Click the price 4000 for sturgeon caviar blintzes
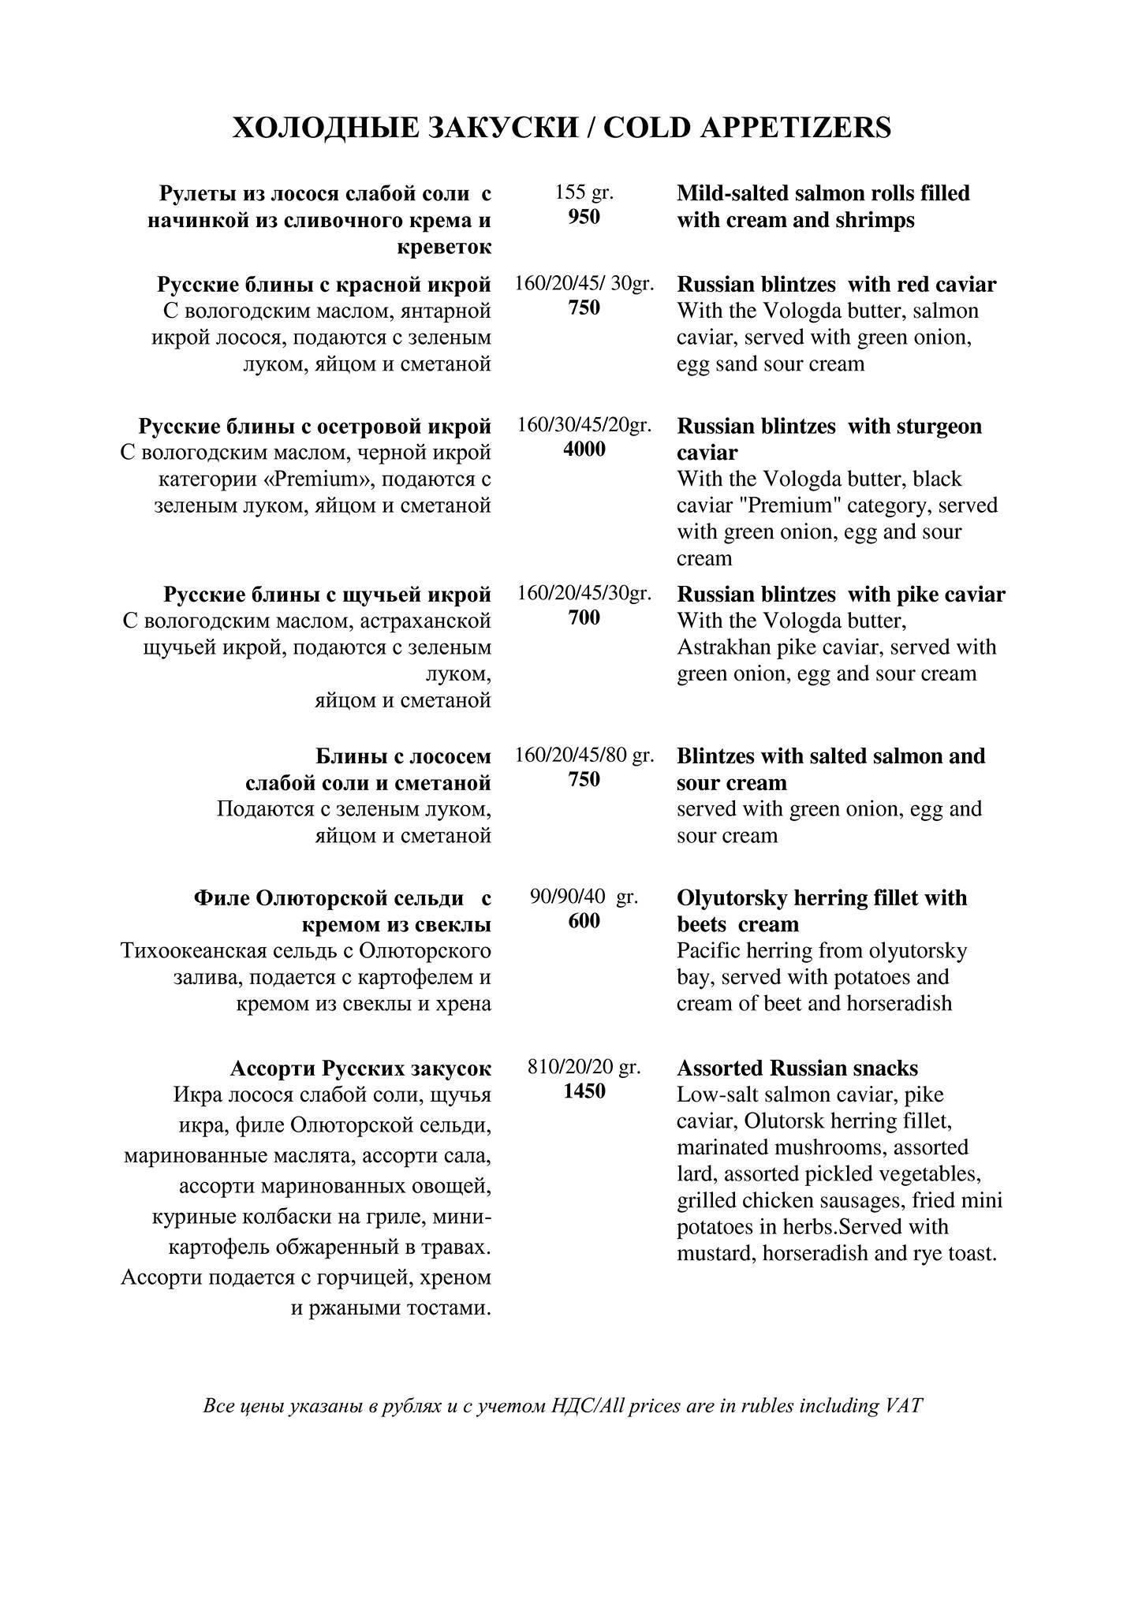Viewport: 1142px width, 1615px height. click(584, 449)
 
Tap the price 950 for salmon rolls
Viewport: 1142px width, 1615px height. click(584, 217)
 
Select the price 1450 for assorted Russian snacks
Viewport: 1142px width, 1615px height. click(584, 1091)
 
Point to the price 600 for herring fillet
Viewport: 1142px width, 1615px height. click(584, 921)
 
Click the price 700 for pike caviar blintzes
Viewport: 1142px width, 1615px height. click(584, 617)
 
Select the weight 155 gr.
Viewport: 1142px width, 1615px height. click(584, 192)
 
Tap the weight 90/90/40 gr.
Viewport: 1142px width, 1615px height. click(584, 897)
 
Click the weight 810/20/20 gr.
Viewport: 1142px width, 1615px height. click(584, 1067)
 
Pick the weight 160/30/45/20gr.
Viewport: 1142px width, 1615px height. click(584, 426)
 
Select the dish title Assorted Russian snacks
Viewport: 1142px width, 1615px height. click(797, 1068)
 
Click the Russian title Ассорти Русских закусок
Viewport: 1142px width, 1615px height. click(360, 1068)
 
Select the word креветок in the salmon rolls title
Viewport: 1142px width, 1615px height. click(444, 247)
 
